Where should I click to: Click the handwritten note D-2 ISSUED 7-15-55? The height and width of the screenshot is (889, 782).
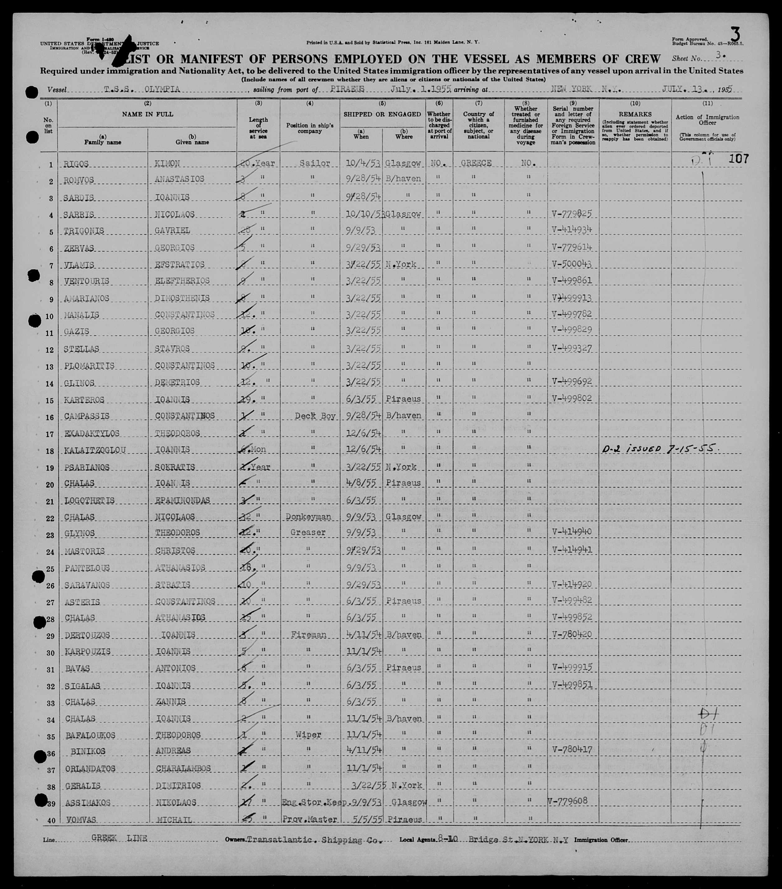[x=657, y=449]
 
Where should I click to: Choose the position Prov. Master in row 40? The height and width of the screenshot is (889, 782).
[x=310, y=820]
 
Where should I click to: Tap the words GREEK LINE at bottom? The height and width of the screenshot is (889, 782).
[x=119, y=838]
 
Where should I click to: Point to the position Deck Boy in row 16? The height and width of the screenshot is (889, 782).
[x=315, y=416]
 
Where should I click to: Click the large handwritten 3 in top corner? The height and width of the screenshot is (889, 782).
[x=735, y=34]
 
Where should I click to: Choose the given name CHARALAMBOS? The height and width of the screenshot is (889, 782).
[x=183, y=768]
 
